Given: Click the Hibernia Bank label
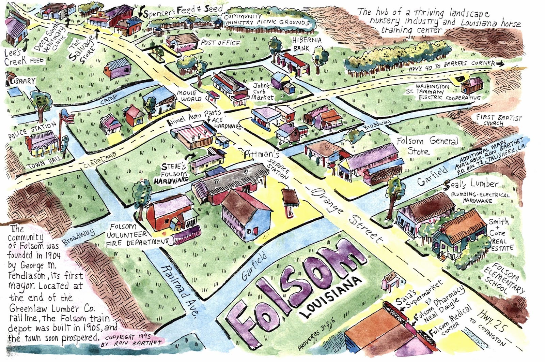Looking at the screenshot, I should click(306, 44).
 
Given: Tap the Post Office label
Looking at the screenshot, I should click(220, 43).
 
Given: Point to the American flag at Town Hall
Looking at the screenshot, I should click(67, 118).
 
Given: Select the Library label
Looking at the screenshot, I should click(21, 81).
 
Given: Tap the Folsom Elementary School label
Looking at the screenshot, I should click(503, 279).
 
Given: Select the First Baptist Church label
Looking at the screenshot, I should click(498, 120).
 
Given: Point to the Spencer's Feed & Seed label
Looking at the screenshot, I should click(182, 11).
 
